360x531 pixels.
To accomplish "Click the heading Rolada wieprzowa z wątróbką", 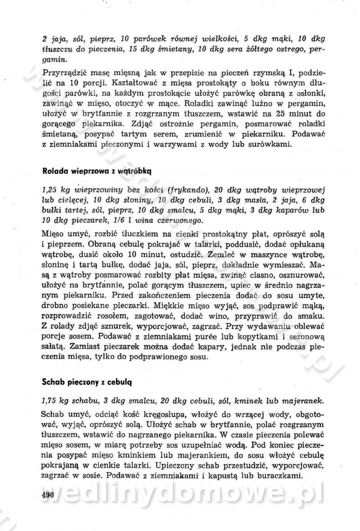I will pyautogui.click(x=98, y=171).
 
